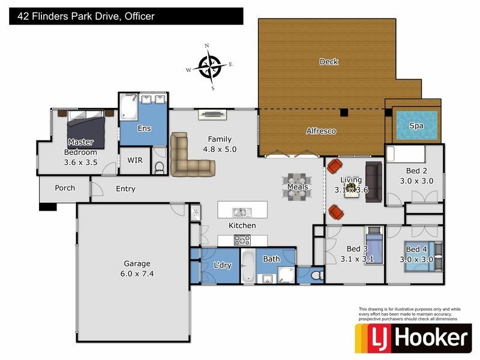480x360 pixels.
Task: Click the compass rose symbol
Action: (209, 66)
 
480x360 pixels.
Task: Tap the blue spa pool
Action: (416, 125)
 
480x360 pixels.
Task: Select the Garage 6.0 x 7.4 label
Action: (137, 268)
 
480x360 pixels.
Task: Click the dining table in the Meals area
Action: (297, 187)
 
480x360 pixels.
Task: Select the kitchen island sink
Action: (239, 212)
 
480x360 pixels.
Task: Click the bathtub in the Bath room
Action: (248, 266)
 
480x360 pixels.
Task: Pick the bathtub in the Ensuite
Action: (128, 108)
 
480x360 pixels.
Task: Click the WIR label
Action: (135, 160)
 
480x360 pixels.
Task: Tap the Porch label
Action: (65, 188)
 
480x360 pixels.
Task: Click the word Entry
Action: (125, 189)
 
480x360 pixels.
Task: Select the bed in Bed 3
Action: (373, 246)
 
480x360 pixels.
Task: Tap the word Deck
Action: (329, 61)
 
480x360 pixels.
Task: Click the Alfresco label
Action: (321, 131)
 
